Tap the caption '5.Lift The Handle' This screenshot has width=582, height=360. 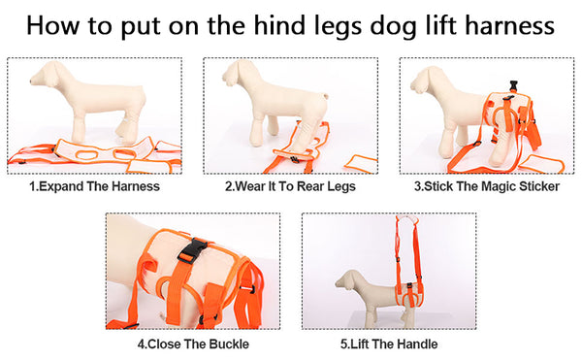point(388,344)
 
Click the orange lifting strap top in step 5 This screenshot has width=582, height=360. point(399,225)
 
